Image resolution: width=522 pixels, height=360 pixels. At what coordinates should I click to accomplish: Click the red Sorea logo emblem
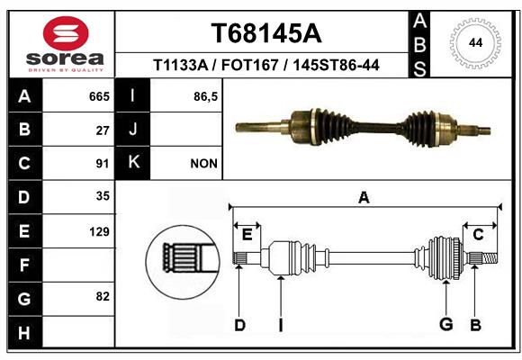(66, 33)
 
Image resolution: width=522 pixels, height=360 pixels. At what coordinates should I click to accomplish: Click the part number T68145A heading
(266, 33)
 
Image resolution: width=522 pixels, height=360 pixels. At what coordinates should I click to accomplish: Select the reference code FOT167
(249, 65)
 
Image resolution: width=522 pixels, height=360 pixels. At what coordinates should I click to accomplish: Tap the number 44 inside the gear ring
(476, 43)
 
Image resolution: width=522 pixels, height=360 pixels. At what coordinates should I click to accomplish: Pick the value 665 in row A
(99, 96)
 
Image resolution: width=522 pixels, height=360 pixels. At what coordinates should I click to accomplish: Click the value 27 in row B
(103, 130)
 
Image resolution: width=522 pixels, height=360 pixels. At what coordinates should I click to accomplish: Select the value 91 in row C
(103, 164)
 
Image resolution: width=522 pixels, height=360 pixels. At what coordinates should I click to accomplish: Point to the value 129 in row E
(99, 231)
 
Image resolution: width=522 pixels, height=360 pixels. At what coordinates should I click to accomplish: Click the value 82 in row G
(103, 296)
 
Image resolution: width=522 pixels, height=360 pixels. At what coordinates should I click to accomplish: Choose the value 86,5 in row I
(205, 96)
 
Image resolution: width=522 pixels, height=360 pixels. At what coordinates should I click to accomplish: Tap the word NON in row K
(203, 164)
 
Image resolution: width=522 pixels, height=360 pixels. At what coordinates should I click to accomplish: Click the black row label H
(25, 332)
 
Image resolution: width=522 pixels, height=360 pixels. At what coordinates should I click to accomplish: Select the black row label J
(132, 129)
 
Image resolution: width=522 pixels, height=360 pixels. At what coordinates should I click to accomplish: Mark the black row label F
(25, 265)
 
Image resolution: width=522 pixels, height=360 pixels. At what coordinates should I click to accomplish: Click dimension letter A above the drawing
(364, 197)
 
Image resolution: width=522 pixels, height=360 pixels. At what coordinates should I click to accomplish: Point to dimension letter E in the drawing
(247, 235)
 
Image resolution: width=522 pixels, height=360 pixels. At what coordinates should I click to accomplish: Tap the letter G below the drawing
(446, 324)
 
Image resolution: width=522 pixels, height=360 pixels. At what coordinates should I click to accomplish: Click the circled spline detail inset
(183, 262)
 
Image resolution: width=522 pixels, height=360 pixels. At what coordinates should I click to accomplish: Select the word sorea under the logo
(65, 59)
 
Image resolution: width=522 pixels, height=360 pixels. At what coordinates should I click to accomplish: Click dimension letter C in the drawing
(478, 235)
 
